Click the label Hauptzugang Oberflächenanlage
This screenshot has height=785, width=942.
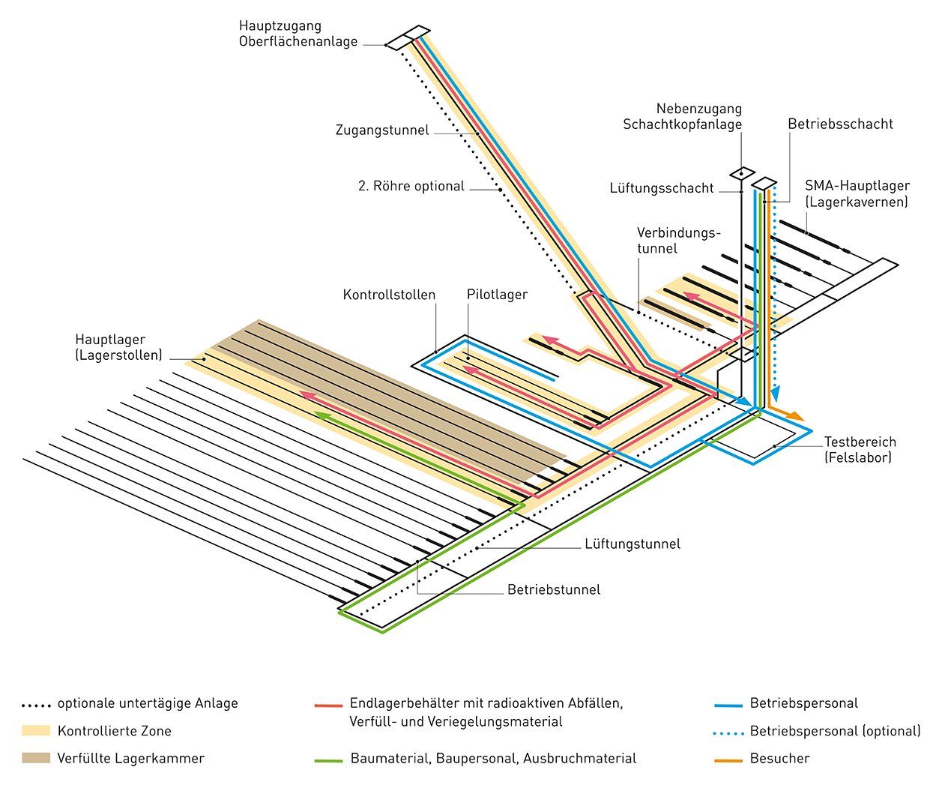click(x=298, y=34)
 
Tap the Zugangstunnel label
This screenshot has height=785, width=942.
click(x=382, y=130)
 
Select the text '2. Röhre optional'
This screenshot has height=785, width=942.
click(x=411, y=186)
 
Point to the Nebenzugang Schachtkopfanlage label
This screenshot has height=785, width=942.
click(x=682, y=117)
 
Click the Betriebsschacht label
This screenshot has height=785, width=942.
click(x=840, y=124)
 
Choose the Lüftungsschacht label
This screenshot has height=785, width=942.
click(x=662, y=188)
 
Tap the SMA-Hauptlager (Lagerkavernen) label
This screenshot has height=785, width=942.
click(x=857, y=193)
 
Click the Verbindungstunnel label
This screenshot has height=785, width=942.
click(x=677, y=240)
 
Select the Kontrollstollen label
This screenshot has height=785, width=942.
click(x=389, y=295)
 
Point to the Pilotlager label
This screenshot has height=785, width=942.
click(x=497, y=295)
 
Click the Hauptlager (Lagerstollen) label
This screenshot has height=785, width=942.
click(x=118, y=348)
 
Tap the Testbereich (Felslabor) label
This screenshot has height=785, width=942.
click(x=860, y=449)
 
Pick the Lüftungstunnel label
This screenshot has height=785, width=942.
click(x=632, y=544)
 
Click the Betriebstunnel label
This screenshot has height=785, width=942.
click(x=554, y=589)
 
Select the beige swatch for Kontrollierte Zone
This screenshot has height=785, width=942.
click(x=36, y=731)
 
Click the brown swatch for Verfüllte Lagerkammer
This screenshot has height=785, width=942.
click(x=36, y=758)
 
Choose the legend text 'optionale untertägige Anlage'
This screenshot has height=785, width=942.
click(x=148, y=703)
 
